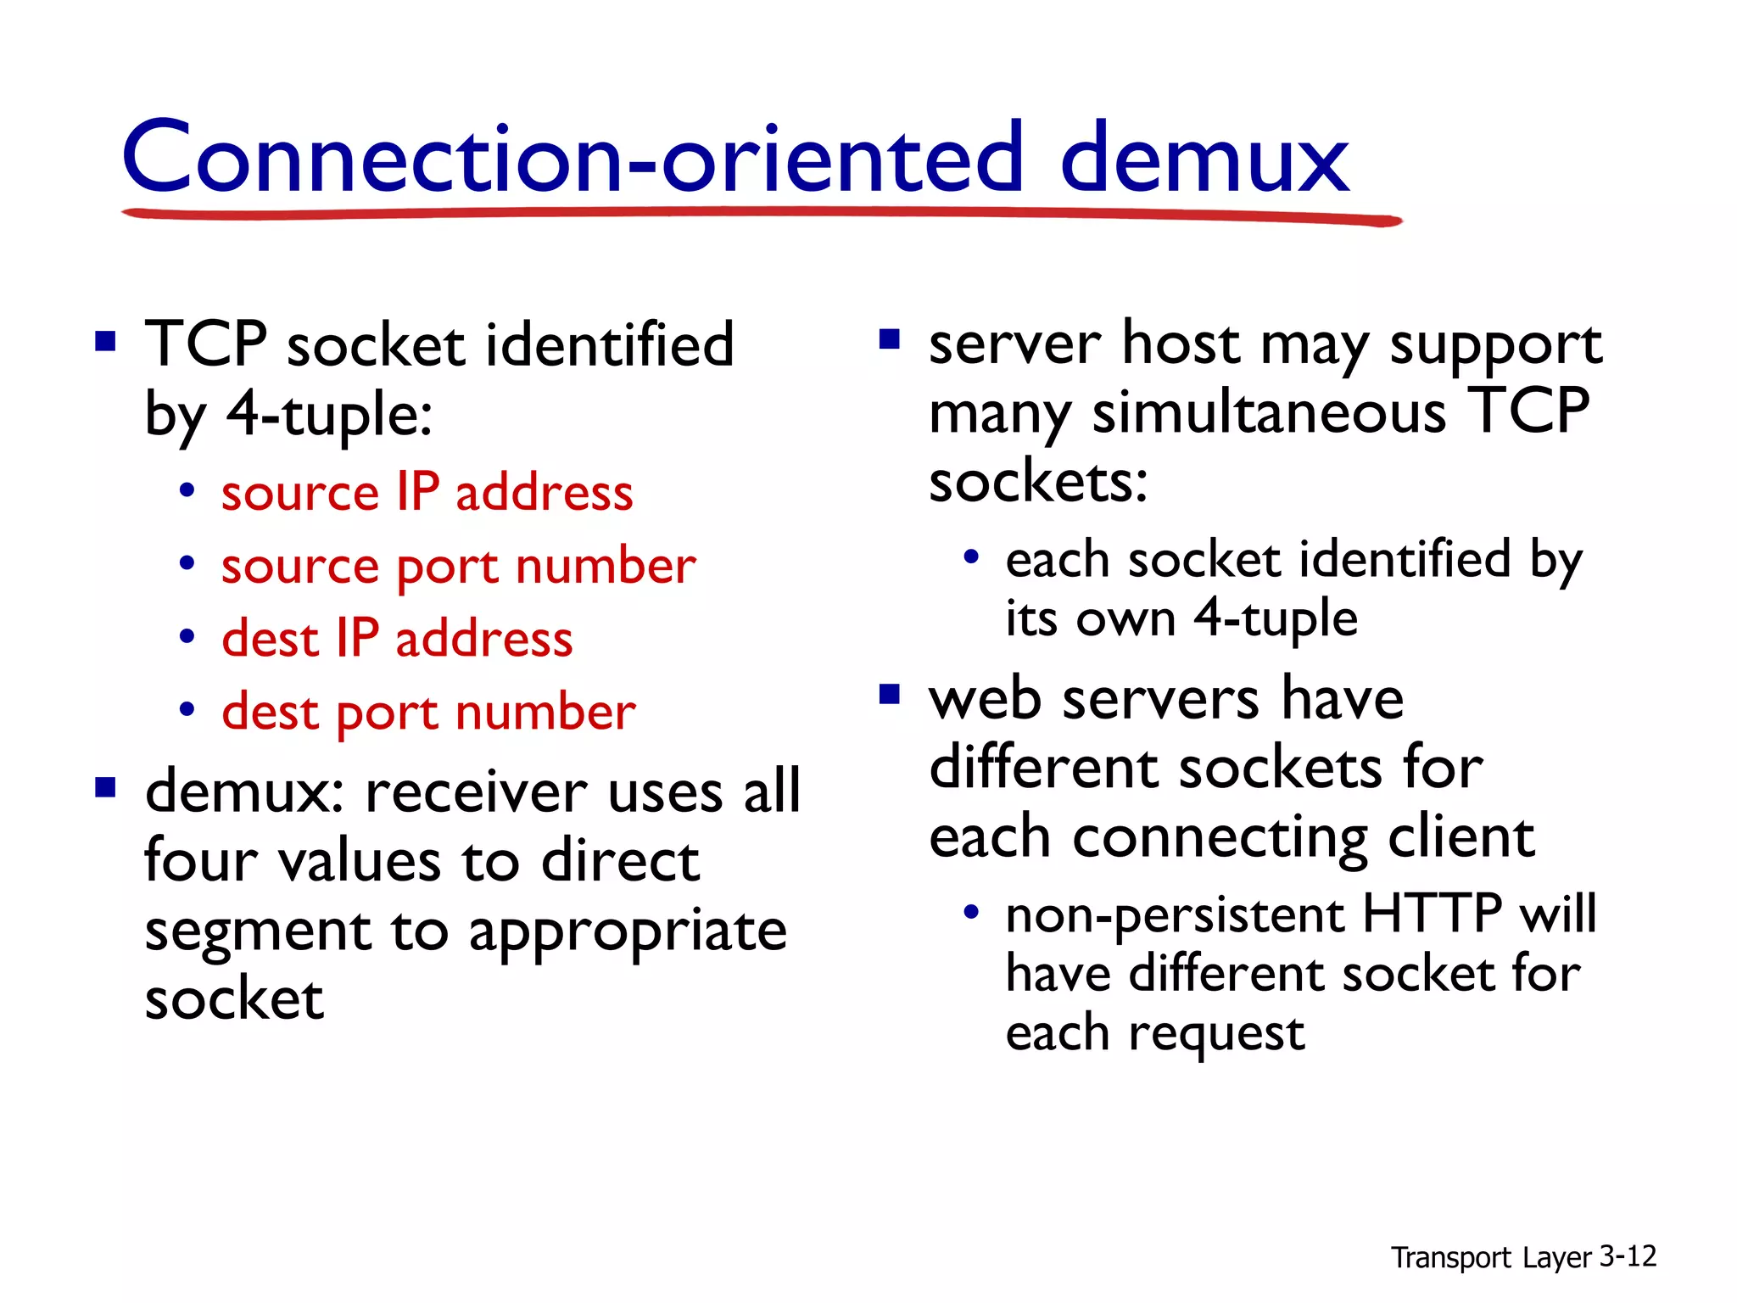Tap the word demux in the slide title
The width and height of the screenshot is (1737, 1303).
point(1204,159)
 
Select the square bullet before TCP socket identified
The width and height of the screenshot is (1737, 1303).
point(105,342)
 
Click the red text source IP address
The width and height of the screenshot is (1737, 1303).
point(427,492)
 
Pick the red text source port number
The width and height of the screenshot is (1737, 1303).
point(458,566)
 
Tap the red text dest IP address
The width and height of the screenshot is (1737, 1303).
point(397,638)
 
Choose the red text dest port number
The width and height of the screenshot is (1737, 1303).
point(428,711)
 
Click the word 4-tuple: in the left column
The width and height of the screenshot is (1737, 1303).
point(330,415)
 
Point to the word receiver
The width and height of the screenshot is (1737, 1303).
point(476,791)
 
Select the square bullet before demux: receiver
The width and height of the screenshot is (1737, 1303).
point(105,789)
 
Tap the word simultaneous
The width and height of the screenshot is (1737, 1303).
point(1269,413)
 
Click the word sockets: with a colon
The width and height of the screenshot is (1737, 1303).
point(1038,481)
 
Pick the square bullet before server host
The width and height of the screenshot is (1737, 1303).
point(889,340)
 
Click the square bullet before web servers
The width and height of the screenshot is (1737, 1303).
point(889,696)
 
